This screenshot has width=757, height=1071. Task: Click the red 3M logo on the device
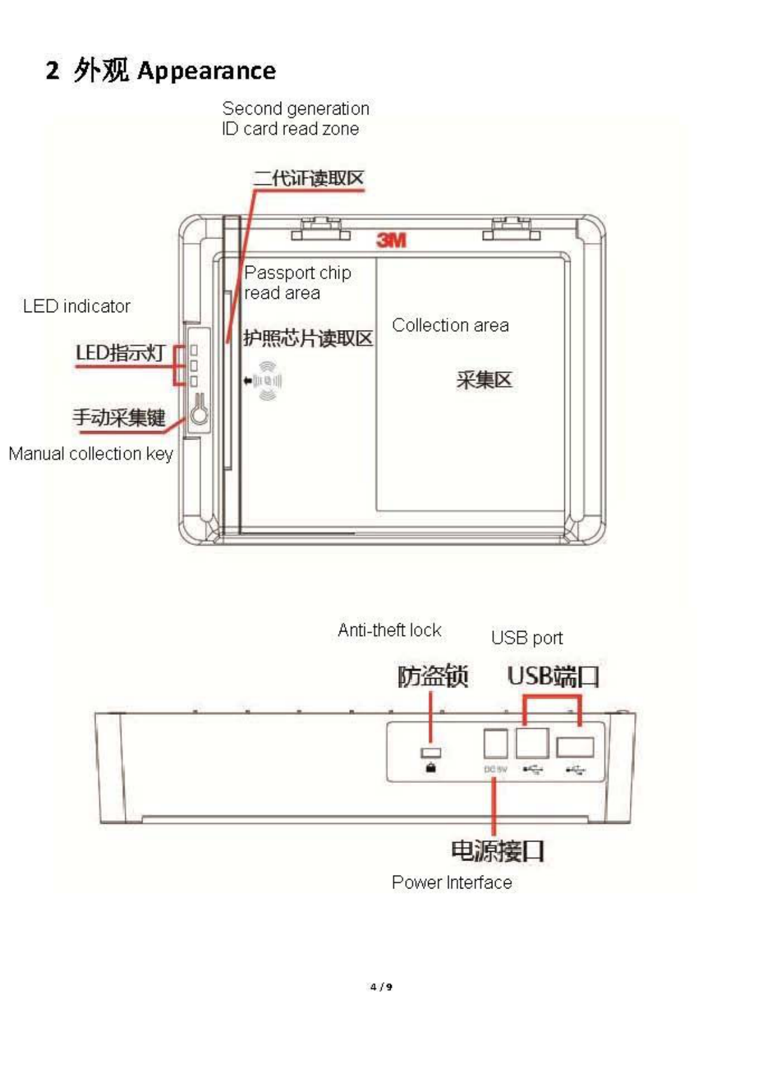pos(391,240)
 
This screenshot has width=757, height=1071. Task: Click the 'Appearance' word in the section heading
pos(206,71)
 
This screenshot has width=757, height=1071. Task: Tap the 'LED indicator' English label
pos(76,307)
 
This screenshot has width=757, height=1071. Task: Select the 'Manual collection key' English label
pos(90,454)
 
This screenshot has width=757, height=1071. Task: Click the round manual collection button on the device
pos(200,415)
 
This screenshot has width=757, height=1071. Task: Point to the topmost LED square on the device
pos(194,350)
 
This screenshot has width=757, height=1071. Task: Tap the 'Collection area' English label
pos(450,326)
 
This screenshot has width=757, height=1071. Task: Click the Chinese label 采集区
pos(483,380)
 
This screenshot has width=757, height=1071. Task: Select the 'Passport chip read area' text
pos(297,283)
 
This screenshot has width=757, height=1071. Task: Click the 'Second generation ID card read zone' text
pos(295,118)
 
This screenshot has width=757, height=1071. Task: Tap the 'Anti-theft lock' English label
pos(389,630)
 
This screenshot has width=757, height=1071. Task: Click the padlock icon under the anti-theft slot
pos(431,768)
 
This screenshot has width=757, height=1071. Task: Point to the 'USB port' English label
pos(527,638)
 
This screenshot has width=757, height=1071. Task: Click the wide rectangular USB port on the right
pos(575,747)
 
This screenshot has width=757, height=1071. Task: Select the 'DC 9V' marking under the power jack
pos(496,770)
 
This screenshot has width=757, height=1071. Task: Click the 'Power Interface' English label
pos(452,883)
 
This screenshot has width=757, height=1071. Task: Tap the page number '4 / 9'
pos(381,987)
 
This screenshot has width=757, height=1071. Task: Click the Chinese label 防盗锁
pos(433,676)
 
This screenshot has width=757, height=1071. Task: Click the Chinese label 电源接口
pos(497,850)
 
